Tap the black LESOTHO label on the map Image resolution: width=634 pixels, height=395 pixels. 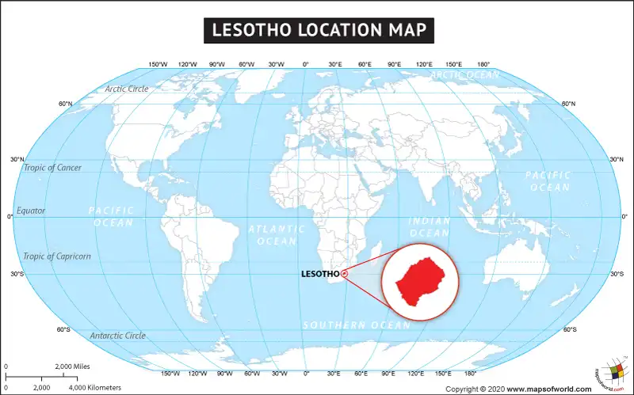320,275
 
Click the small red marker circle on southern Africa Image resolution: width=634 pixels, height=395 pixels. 344,275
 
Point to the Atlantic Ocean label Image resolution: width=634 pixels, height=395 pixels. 277,234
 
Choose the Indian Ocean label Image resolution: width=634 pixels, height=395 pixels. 429,227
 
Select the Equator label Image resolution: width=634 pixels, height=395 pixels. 31,211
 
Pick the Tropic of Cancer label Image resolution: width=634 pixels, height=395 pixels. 52,167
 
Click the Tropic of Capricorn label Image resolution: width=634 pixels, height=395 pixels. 57,256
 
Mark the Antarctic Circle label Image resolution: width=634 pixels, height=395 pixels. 117,336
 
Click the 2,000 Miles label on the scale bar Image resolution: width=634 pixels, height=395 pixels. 72,367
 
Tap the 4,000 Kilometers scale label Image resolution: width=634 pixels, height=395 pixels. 94,388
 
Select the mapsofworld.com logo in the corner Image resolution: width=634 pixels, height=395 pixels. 610,370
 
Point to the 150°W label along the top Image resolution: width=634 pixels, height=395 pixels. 158,64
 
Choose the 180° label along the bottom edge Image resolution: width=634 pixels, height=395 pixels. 469,373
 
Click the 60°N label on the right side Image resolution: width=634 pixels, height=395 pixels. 568,104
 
